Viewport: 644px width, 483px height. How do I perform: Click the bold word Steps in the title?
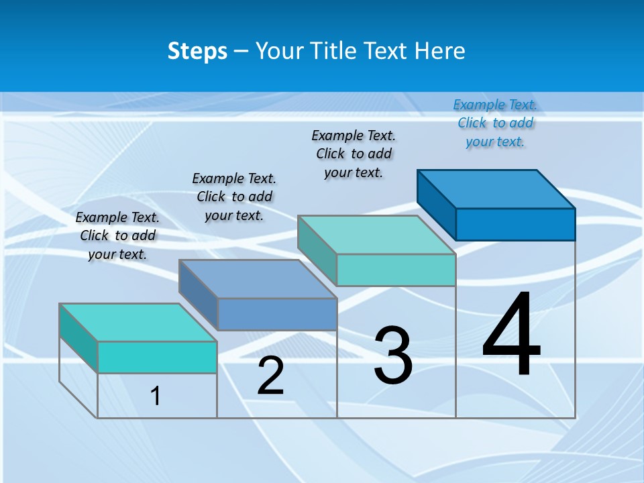click(x=197, y=51)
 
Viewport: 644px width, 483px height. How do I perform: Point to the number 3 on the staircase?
click(x=392, y=356)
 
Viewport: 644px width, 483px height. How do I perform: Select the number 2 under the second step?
click(x=270, y=376)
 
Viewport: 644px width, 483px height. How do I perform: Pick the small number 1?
click(x=156, y=396)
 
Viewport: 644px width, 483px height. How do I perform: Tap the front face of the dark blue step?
click(x=515, y=224)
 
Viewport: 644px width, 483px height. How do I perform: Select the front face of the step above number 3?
click(x=396, y=270)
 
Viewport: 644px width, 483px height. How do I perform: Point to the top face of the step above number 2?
click(x=258, y=279)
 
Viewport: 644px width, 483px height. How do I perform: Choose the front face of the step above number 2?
click(x=277, y=314)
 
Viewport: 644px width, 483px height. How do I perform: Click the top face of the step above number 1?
click(x=138, y=323)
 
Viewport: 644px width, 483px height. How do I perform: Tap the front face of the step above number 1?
click(x=157, y=357)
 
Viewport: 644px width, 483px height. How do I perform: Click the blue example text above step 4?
click(x=495, y=123)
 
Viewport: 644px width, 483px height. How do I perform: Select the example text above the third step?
click(x=354, y=154)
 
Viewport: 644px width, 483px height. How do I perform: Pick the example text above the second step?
click(x=234, y=197)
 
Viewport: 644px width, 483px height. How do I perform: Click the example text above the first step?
click(x=117, y=235)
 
